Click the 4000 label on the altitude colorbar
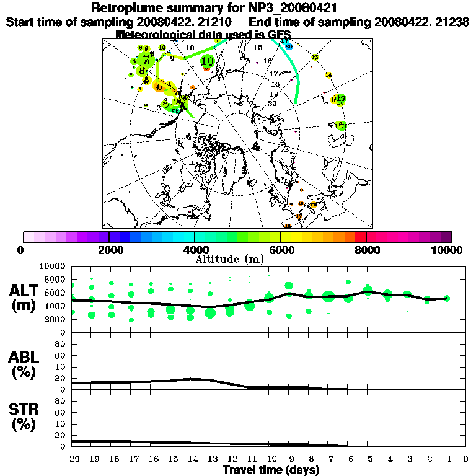195,250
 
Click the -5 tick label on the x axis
368,459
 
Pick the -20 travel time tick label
72,459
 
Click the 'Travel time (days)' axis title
271,470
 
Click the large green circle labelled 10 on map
208,61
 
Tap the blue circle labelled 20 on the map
289,46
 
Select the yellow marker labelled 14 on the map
328,75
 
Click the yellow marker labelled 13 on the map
315,57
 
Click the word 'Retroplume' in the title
128,8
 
